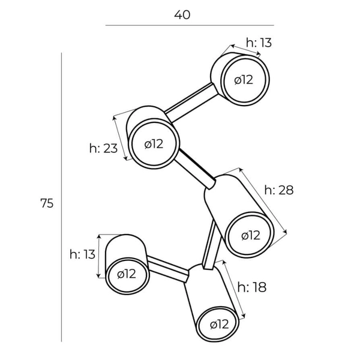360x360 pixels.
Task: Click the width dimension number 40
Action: pyautogui.click(x=182, y=15)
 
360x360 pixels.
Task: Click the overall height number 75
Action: pyautogui.click(x=47, y=203)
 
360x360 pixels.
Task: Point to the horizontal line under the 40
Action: pyautogui.click(x=190, y=25)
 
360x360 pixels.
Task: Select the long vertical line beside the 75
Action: pyautogui.click(x=61, y=197)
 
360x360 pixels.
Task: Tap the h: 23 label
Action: pyautogui.click(x=103, y=148)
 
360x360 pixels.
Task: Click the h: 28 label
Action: pyautogui.click(x=279, y=190)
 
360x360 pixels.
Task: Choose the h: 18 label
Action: pyautogui.click(x=252, y=287)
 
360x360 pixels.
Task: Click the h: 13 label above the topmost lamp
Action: pyautogui.click(x=259, y=43)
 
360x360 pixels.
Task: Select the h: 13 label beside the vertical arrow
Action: pyautogui.click(x=82, y=254)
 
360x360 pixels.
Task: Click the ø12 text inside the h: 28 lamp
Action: pyautogui.click(x=251, y=236)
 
